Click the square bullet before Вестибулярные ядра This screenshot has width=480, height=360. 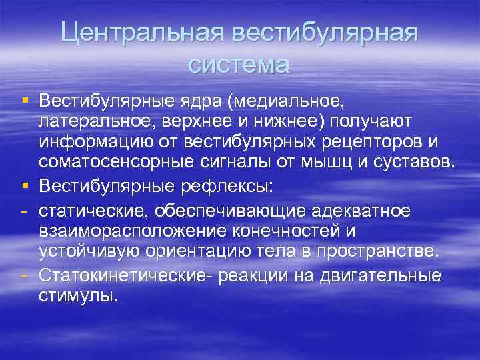point(24,100)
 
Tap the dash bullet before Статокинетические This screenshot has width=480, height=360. point(24,275)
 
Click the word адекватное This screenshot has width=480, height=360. point(358,211)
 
